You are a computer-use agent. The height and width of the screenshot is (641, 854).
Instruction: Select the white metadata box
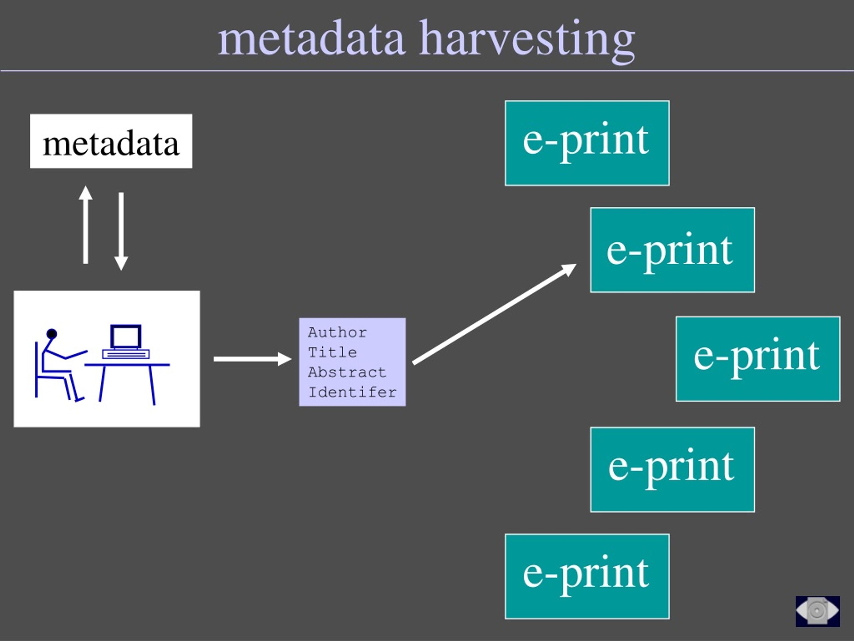[x=111, y=141]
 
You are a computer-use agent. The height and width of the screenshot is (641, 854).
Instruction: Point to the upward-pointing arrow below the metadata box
[x=86, y=225]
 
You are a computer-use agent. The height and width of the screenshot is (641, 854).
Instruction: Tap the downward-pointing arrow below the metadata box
[x=121, y=231]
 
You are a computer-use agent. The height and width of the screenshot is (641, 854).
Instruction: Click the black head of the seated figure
[x=52, y=334]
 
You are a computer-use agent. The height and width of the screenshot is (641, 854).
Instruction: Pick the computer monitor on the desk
[x=126, y=337]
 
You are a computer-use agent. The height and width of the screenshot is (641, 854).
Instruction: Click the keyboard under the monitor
[x=126, y=354]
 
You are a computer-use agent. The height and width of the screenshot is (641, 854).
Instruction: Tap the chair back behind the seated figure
[x=36, y=369]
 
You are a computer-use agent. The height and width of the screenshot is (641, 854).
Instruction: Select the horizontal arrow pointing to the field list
[x=253, y=359]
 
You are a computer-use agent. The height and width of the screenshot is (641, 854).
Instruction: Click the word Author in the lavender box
[x=338, y=332]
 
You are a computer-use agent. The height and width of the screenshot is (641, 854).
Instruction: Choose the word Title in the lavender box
[x=332, y=352]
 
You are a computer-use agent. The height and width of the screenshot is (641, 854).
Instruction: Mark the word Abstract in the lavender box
[x=347, y=372]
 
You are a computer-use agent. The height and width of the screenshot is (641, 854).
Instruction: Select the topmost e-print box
[x=587, y=143]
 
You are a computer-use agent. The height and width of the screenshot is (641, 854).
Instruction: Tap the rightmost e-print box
[x=758, y=359]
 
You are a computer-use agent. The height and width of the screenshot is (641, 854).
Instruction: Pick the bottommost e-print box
[x=587, y=577]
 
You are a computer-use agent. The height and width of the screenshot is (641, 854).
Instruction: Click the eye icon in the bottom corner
[x=817, y=611]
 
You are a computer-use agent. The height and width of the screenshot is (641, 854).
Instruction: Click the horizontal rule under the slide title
[x=427, y=71]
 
